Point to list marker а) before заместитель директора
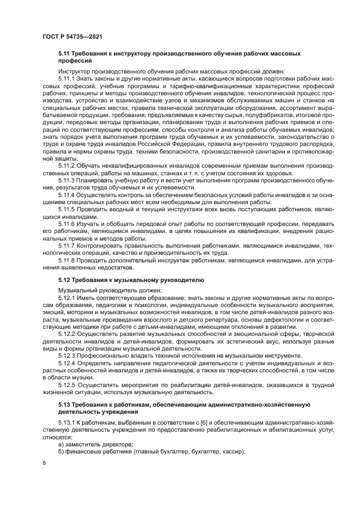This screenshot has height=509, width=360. point(62,444)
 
